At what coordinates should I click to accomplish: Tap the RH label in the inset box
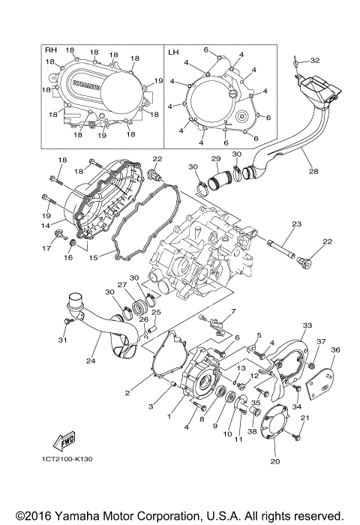[51, 51]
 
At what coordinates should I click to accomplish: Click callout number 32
[315, 60]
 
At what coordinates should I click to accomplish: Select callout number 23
[296, 223]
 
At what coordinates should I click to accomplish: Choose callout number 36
[335, 349]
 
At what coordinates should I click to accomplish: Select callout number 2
[129, 392]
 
